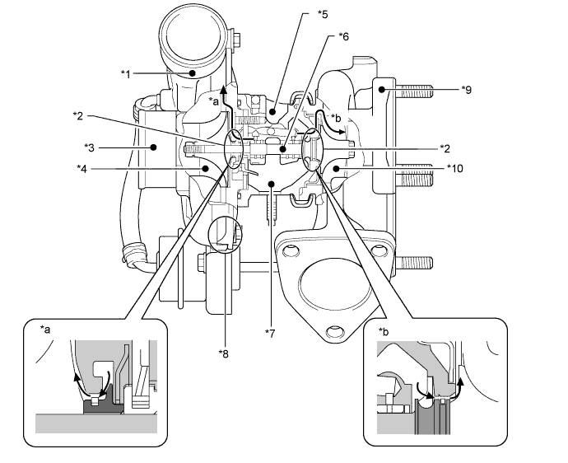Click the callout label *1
[x=125, y=74]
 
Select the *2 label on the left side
[x=78, y=116]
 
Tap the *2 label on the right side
[x=445, y=148]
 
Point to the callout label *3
[x=89, y=147]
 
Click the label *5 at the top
[x=323, y=14]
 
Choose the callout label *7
[x=270, y=333]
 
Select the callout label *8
[x=224, y=353]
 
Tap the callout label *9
[x=467, y=89]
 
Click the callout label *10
[x=455, y=168]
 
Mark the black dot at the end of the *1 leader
[x=193, y=72]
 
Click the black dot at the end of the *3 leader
[x=154, y=147]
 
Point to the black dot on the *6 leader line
[x=283, y=148]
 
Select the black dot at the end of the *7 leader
[x=271, y=184]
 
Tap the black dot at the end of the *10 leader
[x=337, y=168]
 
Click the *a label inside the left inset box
[x=45, y=330]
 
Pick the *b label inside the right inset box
[x=384, y=331]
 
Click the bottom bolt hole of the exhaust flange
[x=334, y=331]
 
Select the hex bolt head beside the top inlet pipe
[x=236, y=40]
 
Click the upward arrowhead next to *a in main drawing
[x=224, y=89]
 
